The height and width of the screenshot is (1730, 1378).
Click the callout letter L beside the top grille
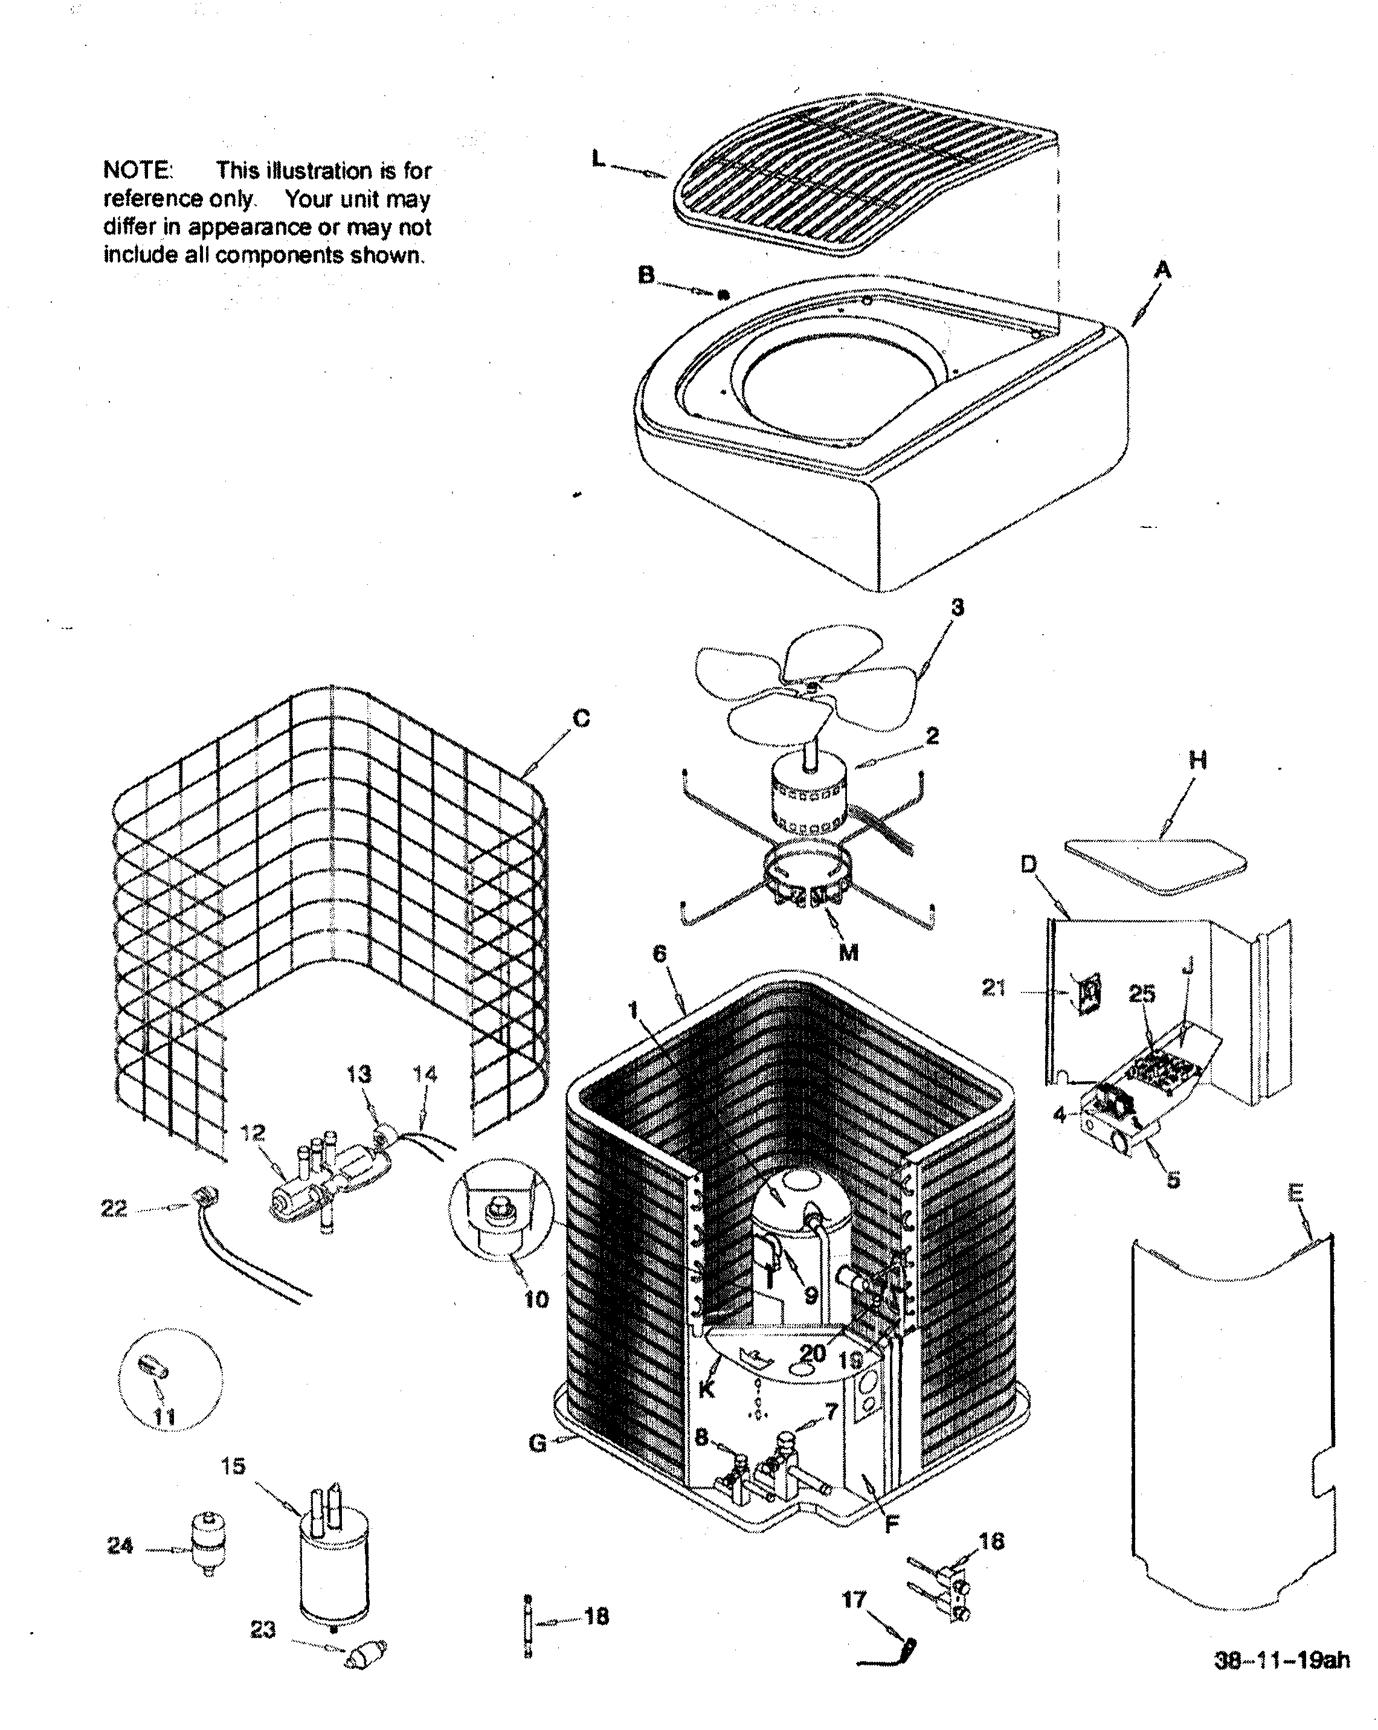tap(598, 159)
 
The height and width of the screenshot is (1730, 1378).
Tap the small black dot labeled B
tap(723, 295)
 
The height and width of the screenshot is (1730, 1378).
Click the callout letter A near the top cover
tap(1162, 271)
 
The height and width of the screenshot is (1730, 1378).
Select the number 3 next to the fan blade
tap(957, 608)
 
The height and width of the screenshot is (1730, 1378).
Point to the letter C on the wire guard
tap(582, 718)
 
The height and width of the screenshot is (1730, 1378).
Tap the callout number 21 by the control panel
tap(994, 988)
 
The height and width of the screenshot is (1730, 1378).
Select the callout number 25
tap(1141, 994)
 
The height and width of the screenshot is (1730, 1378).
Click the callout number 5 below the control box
tap(1173, 1180)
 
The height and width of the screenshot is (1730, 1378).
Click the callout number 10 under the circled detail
tap(536, 1299)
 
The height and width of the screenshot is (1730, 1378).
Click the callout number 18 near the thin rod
tap(596, 1616)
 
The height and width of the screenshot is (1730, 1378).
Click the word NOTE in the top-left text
tap(137, 171)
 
